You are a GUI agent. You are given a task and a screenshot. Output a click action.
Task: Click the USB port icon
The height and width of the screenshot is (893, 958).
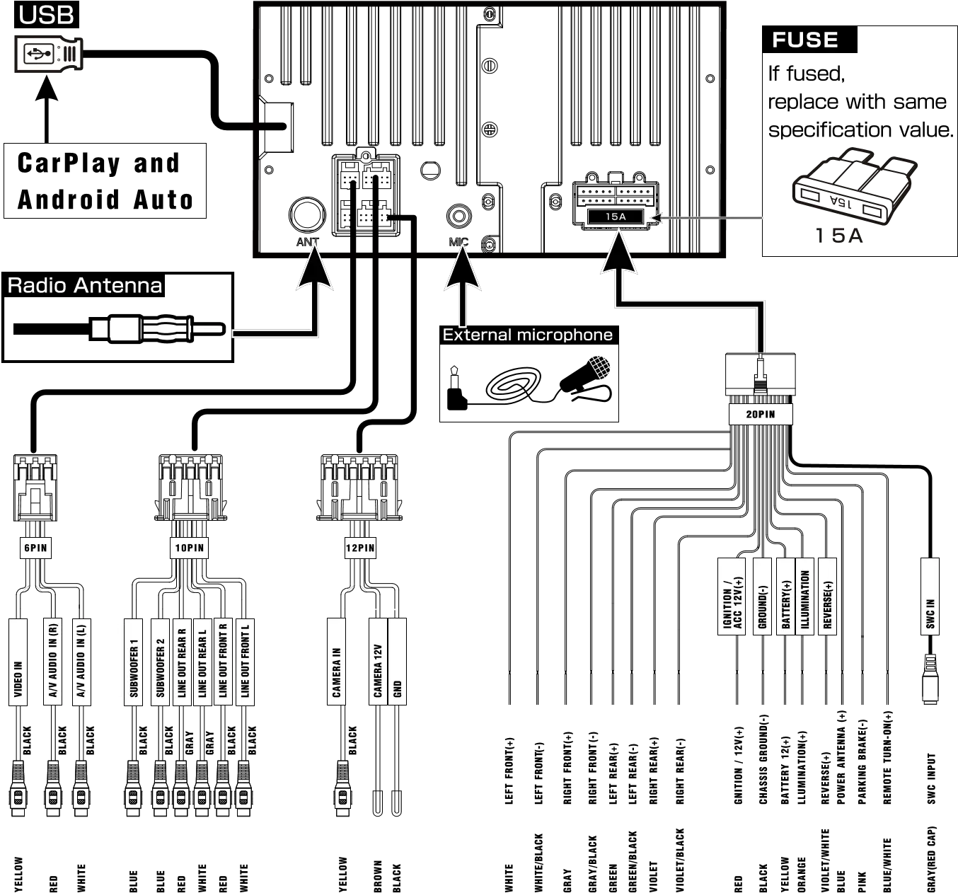[50, 54]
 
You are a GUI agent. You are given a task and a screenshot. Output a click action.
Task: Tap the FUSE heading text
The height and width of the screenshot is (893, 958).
[804, 40]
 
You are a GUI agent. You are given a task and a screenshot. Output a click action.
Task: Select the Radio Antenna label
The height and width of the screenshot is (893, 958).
[84, 285]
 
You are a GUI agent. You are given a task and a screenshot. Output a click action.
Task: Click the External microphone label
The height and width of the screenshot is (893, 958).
[527, 335]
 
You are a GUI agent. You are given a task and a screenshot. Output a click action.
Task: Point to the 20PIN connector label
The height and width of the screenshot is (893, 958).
[760, 414]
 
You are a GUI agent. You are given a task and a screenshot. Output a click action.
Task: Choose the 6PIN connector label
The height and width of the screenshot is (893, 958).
[35, 548]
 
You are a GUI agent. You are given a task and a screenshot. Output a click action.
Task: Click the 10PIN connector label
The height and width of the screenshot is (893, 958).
[190, 548]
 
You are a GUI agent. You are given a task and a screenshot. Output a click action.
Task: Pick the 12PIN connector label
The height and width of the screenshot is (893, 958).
[360, 548]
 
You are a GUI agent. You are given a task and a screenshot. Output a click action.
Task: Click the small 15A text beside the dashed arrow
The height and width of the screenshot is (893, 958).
[616, 217]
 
